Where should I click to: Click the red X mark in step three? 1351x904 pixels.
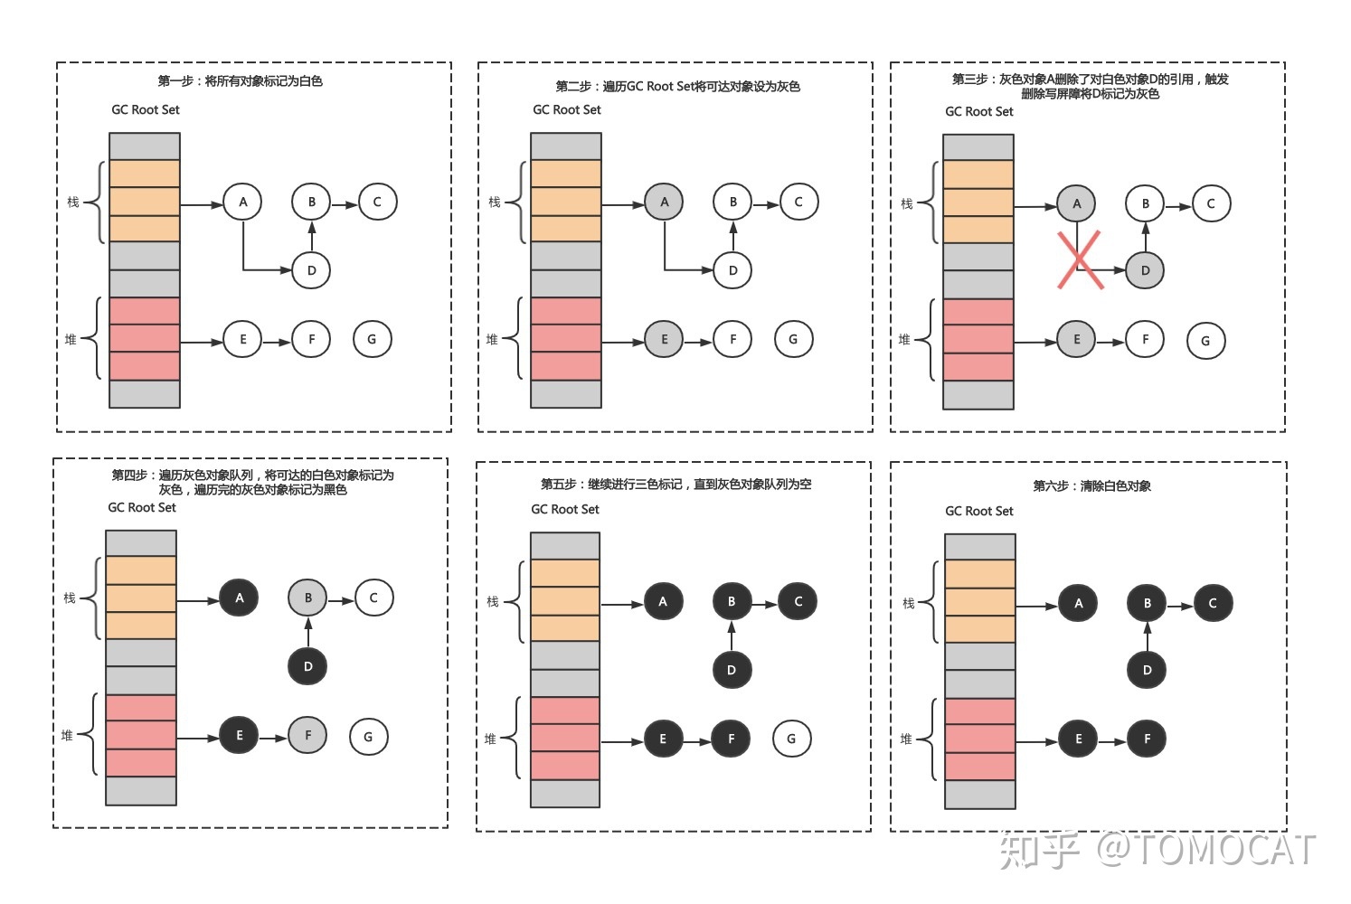1080,260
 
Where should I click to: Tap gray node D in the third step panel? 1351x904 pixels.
1145,270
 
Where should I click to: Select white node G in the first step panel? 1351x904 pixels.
372,339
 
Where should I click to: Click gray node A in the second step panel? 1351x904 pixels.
664,202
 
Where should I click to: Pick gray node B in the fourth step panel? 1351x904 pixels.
307,598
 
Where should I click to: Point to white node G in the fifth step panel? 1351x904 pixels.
791,739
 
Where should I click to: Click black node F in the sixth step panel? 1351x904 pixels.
1147,739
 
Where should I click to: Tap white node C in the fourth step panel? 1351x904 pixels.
373,598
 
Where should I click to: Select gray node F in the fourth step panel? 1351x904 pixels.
307,735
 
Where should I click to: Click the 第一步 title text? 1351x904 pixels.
240,81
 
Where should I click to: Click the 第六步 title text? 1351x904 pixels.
1091,486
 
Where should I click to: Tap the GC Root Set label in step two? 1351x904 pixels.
566,110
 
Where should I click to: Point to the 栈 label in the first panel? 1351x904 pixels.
73,202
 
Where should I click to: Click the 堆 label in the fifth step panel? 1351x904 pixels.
490,739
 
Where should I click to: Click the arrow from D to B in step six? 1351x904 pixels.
1147,636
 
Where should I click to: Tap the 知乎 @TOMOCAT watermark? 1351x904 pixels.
1157,850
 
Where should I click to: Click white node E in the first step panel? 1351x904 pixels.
242,339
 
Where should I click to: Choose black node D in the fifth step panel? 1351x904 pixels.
731,670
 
